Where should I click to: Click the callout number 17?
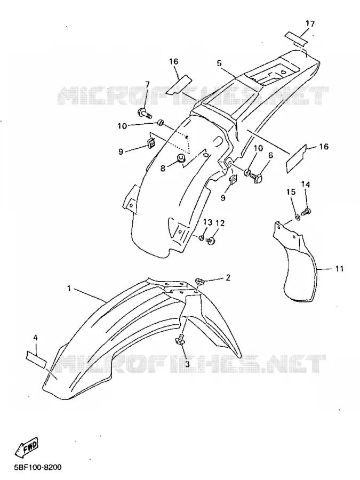pyautogui.click(x=310, y=23)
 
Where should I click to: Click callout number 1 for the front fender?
pyautogui.click(x=69, y=289)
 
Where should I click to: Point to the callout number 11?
pyautogui.click(x=339, y=269)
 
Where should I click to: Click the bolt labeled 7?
pyautogui.click(x=145, y=114)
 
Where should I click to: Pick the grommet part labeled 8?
pyautogui.click(x=181, y=158)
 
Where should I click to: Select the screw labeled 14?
pyautogui.click(x=307, y=211)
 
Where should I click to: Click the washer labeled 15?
pyautogui.click(x=297, y=217)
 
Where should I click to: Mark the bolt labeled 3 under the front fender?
pyautogui.click(x=180, y=340)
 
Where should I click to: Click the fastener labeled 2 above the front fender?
pyautogui.click(x=200, y=281)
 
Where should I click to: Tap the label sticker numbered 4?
pyautogui.click(x=36, y=359)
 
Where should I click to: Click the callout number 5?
pyautogui.click(x=219, y=63)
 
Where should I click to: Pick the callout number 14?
pyautogui.click(x=306, y=185)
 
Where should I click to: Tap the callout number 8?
pyautogui.click(x=163, y=168)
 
